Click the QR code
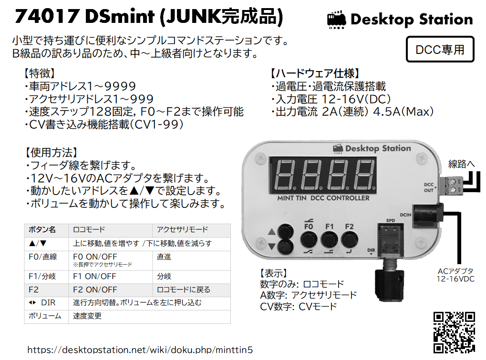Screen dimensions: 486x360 454,332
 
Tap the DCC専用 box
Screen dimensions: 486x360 440,49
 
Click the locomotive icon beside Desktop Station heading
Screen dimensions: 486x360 337,20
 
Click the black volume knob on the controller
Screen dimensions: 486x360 389,285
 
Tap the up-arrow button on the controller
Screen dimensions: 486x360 285,232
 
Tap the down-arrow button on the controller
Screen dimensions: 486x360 285,247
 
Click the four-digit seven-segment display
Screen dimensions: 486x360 323,175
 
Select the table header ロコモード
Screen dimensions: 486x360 89,229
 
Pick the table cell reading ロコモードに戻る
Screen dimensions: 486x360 184,290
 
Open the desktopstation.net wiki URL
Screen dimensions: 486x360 140,350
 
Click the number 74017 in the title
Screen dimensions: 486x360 46,16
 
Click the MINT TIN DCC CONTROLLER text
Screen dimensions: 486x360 323,198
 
